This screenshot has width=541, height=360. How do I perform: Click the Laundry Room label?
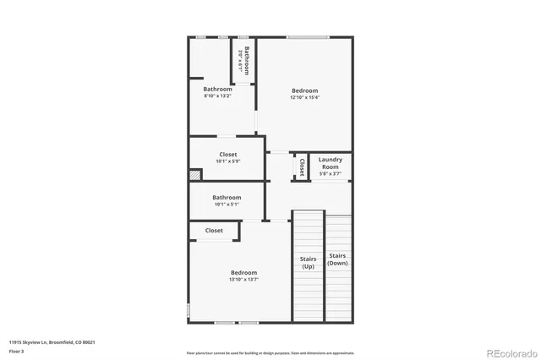[331, 163]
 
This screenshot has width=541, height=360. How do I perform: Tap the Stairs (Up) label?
[308, 262]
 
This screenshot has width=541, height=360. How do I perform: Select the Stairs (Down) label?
[337, 259]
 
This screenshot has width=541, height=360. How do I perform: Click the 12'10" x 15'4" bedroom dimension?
[305, 97]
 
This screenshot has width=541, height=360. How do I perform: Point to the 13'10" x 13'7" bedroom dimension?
[243, 280]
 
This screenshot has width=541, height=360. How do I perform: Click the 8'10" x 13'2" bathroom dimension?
[217, 95]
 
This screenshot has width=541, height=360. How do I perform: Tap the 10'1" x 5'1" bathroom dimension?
[227, 204]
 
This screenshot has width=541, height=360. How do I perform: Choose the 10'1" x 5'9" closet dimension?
[227, 161]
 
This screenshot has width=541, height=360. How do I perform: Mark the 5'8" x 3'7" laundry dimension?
[331, 173]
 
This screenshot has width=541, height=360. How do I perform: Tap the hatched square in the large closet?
[195, 175]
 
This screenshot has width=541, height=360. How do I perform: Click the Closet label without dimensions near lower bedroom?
[214, 230]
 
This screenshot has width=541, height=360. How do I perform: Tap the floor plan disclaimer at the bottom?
[270, 352]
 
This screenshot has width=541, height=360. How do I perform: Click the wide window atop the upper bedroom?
[307, 37]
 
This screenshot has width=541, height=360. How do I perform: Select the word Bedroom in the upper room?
[305, 90]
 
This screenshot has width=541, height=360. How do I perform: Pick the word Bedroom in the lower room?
[243, 272]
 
